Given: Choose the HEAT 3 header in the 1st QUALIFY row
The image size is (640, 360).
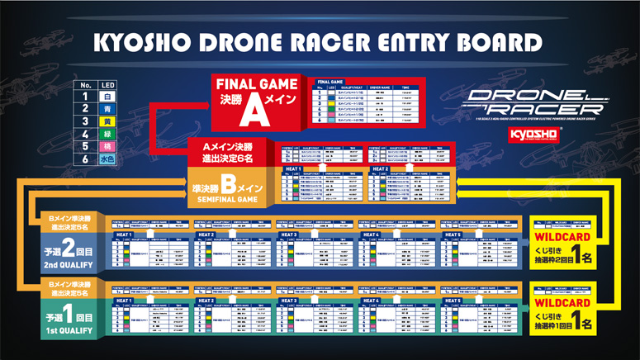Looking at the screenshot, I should point(290,301).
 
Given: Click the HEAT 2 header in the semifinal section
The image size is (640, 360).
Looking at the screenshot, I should point(379,169).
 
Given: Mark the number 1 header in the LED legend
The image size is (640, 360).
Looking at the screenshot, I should point(86,97).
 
